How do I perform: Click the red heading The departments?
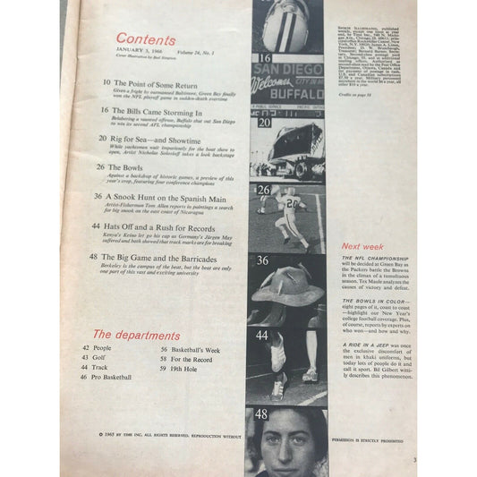[x=137, y=336]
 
